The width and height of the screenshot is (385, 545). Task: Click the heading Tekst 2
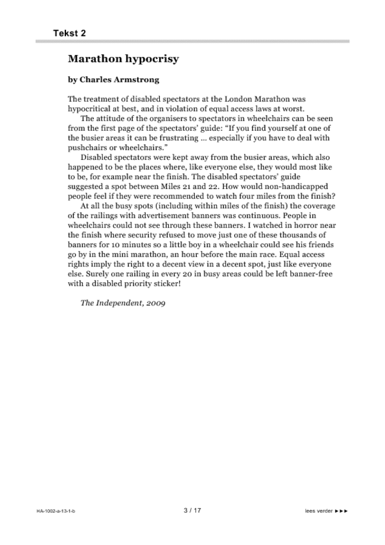coord(69,33)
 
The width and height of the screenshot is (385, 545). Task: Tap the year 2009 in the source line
coord(154,303)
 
